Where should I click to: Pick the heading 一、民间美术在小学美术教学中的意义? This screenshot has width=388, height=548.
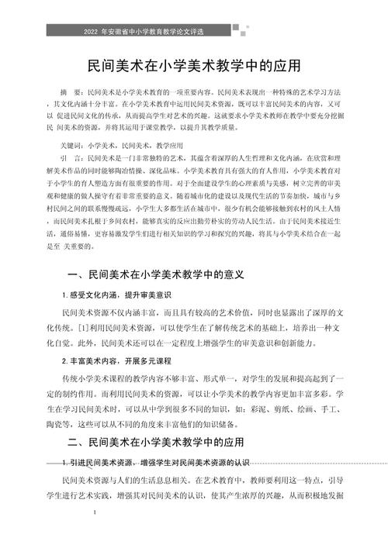[155, 275]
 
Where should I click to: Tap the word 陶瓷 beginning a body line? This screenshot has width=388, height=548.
[57, 426]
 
